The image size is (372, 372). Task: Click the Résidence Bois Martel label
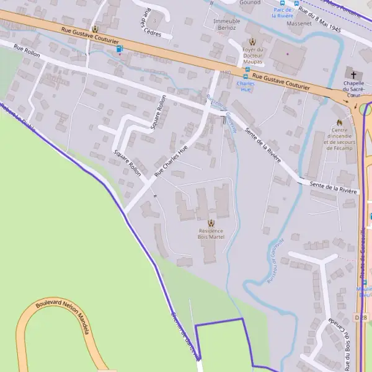click(211, 234)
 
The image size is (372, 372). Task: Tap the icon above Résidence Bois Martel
click(211, 223)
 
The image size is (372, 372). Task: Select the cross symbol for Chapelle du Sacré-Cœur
click(353, 73)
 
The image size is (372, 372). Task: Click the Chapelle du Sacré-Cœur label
click(353, 89)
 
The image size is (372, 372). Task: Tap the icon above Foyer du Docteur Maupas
click(252, 41)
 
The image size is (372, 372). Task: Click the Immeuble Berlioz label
click(226, 25)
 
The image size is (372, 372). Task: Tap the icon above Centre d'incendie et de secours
click(339, 122)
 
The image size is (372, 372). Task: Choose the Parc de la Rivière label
click(283, 12)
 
